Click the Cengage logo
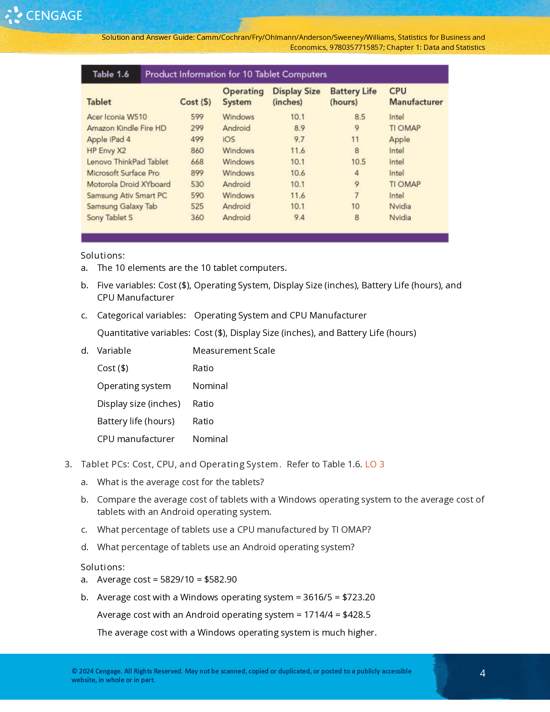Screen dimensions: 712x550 [x=44, y=15]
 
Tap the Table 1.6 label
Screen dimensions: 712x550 [x=110, y=74]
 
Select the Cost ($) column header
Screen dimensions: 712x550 [x=195, y=102]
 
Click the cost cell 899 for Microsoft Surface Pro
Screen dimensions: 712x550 [x=197, y=173]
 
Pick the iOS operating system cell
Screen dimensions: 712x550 [x=229, y=139]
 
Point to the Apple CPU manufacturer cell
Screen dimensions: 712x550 [x=399, y=139]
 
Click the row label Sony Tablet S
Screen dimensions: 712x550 [x=109, y=217]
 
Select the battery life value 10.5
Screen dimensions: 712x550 [x=358, y=162]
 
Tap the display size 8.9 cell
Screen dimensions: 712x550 [x=299, y=128]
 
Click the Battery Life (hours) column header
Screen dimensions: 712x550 [x=353, y=96]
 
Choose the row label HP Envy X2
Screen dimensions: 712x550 [x=106, y=150]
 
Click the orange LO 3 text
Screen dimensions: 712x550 [x=374, y=464]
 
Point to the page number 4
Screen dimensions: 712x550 [x=483, y=673]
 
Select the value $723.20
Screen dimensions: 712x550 [x=358, y=597]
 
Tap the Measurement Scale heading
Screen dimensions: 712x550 [x=234, y=351]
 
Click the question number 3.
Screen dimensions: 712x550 [x=68, y=464]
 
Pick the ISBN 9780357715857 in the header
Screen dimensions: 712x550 [x=356, y=47]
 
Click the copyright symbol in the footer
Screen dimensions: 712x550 [x=74, y=671]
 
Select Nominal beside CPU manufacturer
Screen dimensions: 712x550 [x=210, y=439]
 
